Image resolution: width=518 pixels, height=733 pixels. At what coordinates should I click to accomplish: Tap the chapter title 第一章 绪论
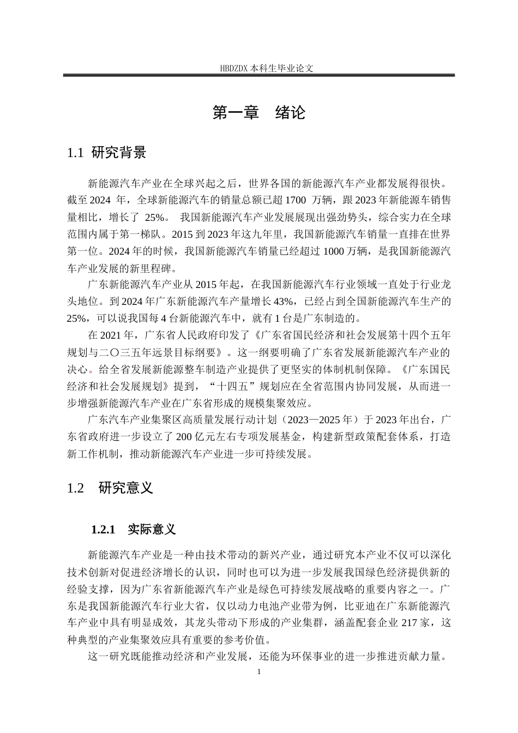[x=259, y=113]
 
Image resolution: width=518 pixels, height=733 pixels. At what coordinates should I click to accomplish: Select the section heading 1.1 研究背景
[x=106, y=153]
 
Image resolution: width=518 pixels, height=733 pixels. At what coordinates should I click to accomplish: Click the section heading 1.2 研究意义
[x=110, y=488]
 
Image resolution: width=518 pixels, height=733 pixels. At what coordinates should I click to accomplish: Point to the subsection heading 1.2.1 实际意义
[x=134, y=529]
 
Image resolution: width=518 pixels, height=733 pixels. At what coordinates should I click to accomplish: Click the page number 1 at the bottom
[x=259, y=672]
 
